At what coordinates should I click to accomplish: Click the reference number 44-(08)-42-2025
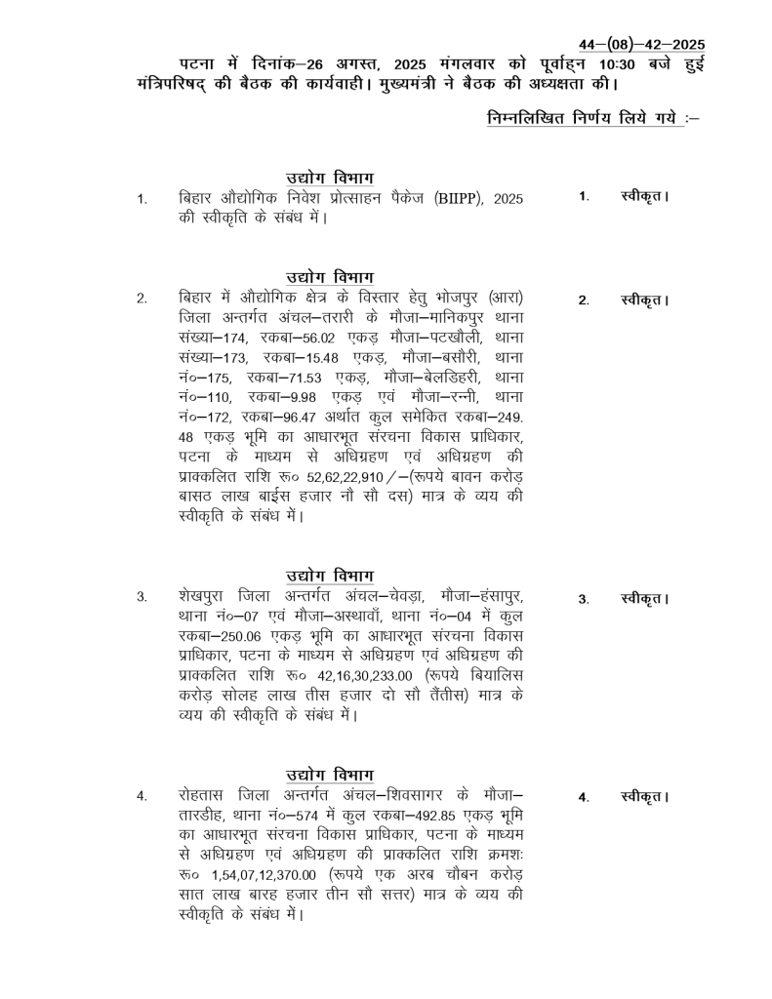click(x=642, y=45)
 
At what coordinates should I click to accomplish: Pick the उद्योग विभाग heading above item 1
click(x=330, y=177)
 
